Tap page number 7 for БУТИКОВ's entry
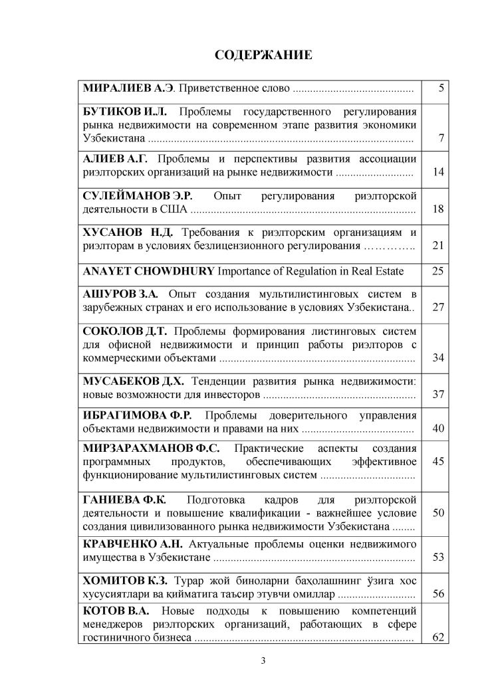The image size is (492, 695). pos(441,139)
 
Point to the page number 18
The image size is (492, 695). pos(437,209)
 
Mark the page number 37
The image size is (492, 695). pos(437,395)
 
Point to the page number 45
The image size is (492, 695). pos(437,460)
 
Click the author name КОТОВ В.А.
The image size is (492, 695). pos(115,609)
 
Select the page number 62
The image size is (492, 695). pos(437,637)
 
